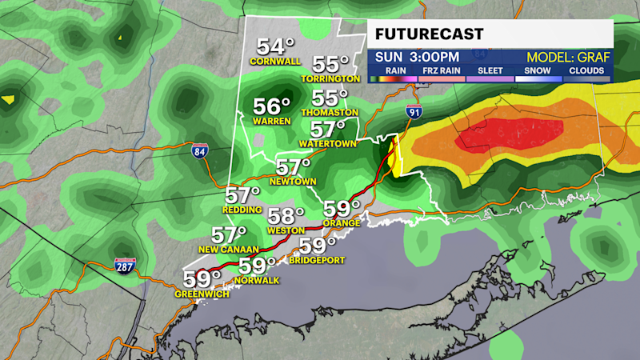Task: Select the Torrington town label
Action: pyautogui.click(x=330, y=78)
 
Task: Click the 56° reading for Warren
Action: pyautogui.click(x=272, y=107)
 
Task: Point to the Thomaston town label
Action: pyautogui.click(x=330, y=112)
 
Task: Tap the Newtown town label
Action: pyautogui.click(x=292, y=181)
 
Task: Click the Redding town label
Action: pyautogui.click(x=243, y=209)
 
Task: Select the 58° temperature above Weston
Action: pyautogui.click(x=286, y=216)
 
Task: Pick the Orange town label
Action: pyautogui.click(x=341, y=224)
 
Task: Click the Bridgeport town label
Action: pyautogui.click(x=317, y=260)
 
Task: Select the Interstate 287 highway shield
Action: pyautogui.click(x=124, y=267)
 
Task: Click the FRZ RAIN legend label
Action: pyautogui.click(x=440, y=70)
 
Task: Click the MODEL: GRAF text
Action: pyautogui.click(x=568, y=57)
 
